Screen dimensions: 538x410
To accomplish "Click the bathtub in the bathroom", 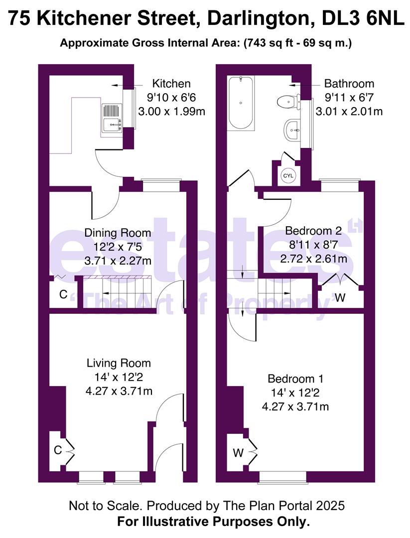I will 241,103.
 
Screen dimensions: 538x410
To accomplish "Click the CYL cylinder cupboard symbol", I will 289,175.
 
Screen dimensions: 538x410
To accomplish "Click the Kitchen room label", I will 171,83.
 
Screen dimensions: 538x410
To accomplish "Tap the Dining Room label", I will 118,233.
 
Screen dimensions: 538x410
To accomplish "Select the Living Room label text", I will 119,363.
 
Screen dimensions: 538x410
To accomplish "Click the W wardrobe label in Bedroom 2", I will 340,298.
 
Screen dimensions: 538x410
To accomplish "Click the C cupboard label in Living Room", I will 58,450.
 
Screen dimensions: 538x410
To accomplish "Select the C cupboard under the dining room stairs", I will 63,294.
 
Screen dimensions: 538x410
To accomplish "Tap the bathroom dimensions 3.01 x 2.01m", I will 349,111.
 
